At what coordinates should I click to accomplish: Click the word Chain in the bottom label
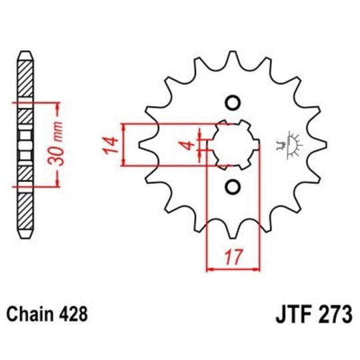tap(28, 313)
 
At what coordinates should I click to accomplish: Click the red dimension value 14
tap(112, 145)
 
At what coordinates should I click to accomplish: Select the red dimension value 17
tap(233, 255)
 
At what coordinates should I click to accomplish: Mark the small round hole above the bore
tap(233, 102)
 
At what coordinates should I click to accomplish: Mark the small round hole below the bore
tap(233, 187)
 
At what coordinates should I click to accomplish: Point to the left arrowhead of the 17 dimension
tap(210, 269)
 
